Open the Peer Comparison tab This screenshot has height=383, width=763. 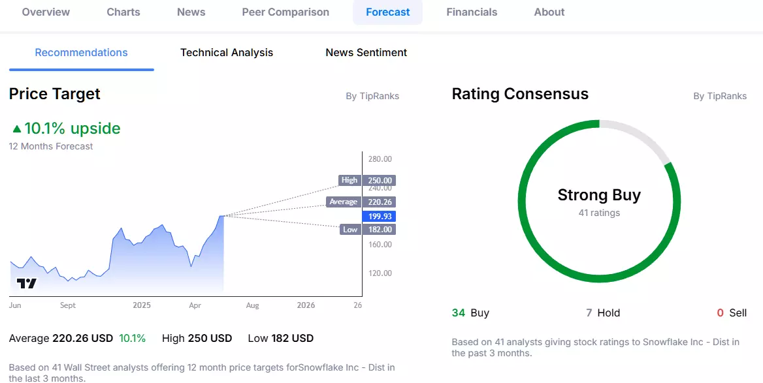pyautogui.click(x=285, y=12)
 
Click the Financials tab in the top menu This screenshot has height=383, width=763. pyautogui.click(x=472, y=12)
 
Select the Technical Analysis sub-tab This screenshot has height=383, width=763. pyautogui.click(x=227, y=52)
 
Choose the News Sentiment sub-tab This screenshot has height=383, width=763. pyautogui.click(x=366, y=52)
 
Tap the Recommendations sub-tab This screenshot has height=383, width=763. pyautogui.click(x=81, y=52)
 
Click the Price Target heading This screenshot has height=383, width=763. pyautogui.click(x=54, y=94)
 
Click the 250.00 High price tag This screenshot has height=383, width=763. pyautogui.click(x=379, y=180)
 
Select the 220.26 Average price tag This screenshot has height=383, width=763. pyautogui.click(x=379, y=202)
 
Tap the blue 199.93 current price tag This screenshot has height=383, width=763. pyautogui.click(x=379, y=216)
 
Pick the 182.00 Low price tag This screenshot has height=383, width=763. pyautogui.click(x=379, y=230)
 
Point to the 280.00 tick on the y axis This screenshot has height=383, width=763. pyautogui.click(x=380, y=159)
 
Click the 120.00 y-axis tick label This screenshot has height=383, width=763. pyautogui.click(x=380, y=273)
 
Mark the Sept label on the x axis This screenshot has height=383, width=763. pyautogui.click(x=68, y=306)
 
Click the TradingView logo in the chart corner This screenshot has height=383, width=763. pyautogui.click(x=26, y=283)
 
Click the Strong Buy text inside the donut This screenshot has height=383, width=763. pyautogui.click(x=599, y=195)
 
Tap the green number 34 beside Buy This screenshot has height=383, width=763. pyautogui.click(x=459, y=313)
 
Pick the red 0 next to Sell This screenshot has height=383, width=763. pyautogui.click(x=720, y=313)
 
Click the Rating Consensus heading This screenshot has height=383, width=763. pyautogui.click(x=520, y=94)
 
